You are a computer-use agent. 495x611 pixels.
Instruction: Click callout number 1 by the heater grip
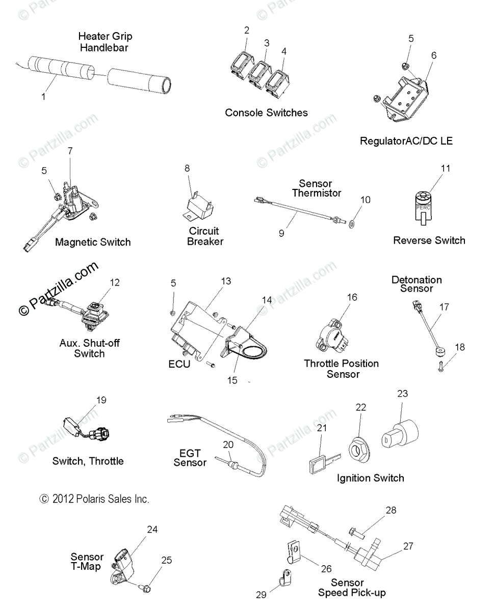[x=43, y=96]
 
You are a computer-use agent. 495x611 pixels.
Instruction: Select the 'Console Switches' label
[x=266, y=113]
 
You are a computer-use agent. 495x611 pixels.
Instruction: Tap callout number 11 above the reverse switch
[x=446, y=169]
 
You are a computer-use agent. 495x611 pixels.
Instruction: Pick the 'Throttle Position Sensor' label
[x=342, y=369]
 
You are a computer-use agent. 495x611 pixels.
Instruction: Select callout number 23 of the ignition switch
[x=403, y=394]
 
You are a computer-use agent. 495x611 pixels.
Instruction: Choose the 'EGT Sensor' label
[x=190, y=458]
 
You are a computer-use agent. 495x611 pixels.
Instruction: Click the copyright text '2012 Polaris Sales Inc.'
[x=95, y=499]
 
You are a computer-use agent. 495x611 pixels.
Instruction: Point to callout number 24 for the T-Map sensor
[x=152, y=530]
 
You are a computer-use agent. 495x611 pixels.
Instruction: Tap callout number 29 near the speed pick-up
[x=261, y=594]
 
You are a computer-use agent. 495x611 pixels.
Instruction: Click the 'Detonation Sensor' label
[x=416, y=284]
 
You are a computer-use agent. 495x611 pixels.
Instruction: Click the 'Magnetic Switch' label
[x=93, y=242]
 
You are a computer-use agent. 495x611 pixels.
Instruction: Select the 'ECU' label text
[x=179, y=364]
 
